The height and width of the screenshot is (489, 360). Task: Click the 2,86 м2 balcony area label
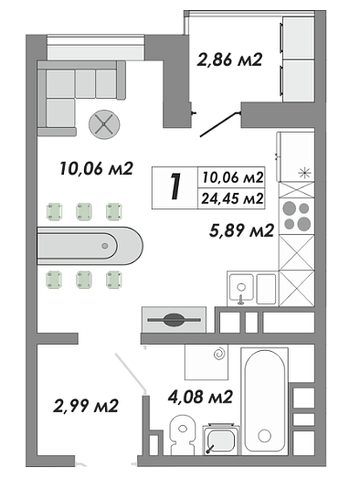229,59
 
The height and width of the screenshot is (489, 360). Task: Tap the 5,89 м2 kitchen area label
241,230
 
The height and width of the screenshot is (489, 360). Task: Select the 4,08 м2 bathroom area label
200,397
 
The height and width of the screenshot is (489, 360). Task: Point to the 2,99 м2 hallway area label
86,406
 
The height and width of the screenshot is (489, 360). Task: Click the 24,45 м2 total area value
232,198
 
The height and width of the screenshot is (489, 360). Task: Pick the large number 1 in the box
175,186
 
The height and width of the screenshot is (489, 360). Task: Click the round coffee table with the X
104,124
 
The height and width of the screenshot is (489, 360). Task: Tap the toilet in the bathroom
183,435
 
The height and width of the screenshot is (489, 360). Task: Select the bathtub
265,400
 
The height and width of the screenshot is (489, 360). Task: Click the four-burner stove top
296,216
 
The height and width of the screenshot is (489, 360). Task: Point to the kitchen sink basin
241,289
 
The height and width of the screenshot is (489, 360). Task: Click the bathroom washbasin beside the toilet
221,440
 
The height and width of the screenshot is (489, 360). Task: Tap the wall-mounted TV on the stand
174,320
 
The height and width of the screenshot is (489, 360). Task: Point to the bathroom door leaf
131,372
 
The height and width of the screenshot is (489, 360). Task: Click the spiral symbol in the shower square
219,354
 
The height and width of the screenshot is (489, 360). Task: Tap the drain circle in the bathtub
264,435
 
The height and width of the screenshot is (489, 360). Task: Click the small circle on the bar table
105,246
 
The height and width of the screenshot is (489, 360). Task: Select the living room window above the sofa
96,48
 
